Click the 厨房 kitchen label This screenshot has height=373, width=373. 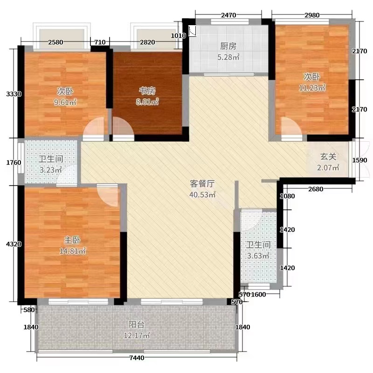coord(229,47)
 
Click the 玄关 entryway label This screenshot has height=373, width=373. coord(328,157)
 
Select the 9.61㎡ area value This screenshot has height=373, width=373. coord(66,101)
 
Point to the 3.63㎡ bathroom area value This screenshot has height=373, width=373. coord(258,256)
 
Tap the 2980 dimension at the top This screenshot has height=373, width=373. coord(311,15)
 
